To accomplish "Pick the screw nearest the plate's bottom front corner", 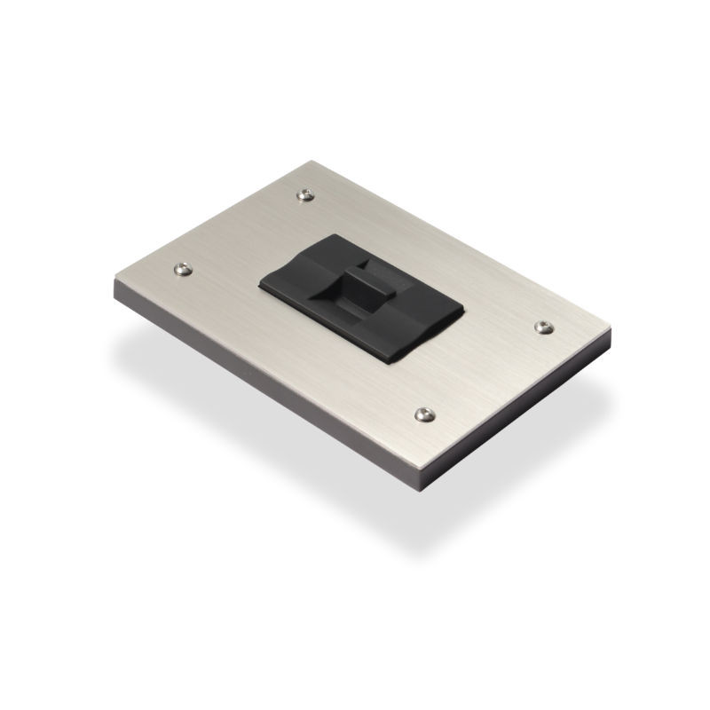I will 422,413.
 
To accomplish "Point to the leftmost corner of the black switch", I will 258,284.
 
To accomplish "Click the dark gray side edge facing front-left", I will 266,390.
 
